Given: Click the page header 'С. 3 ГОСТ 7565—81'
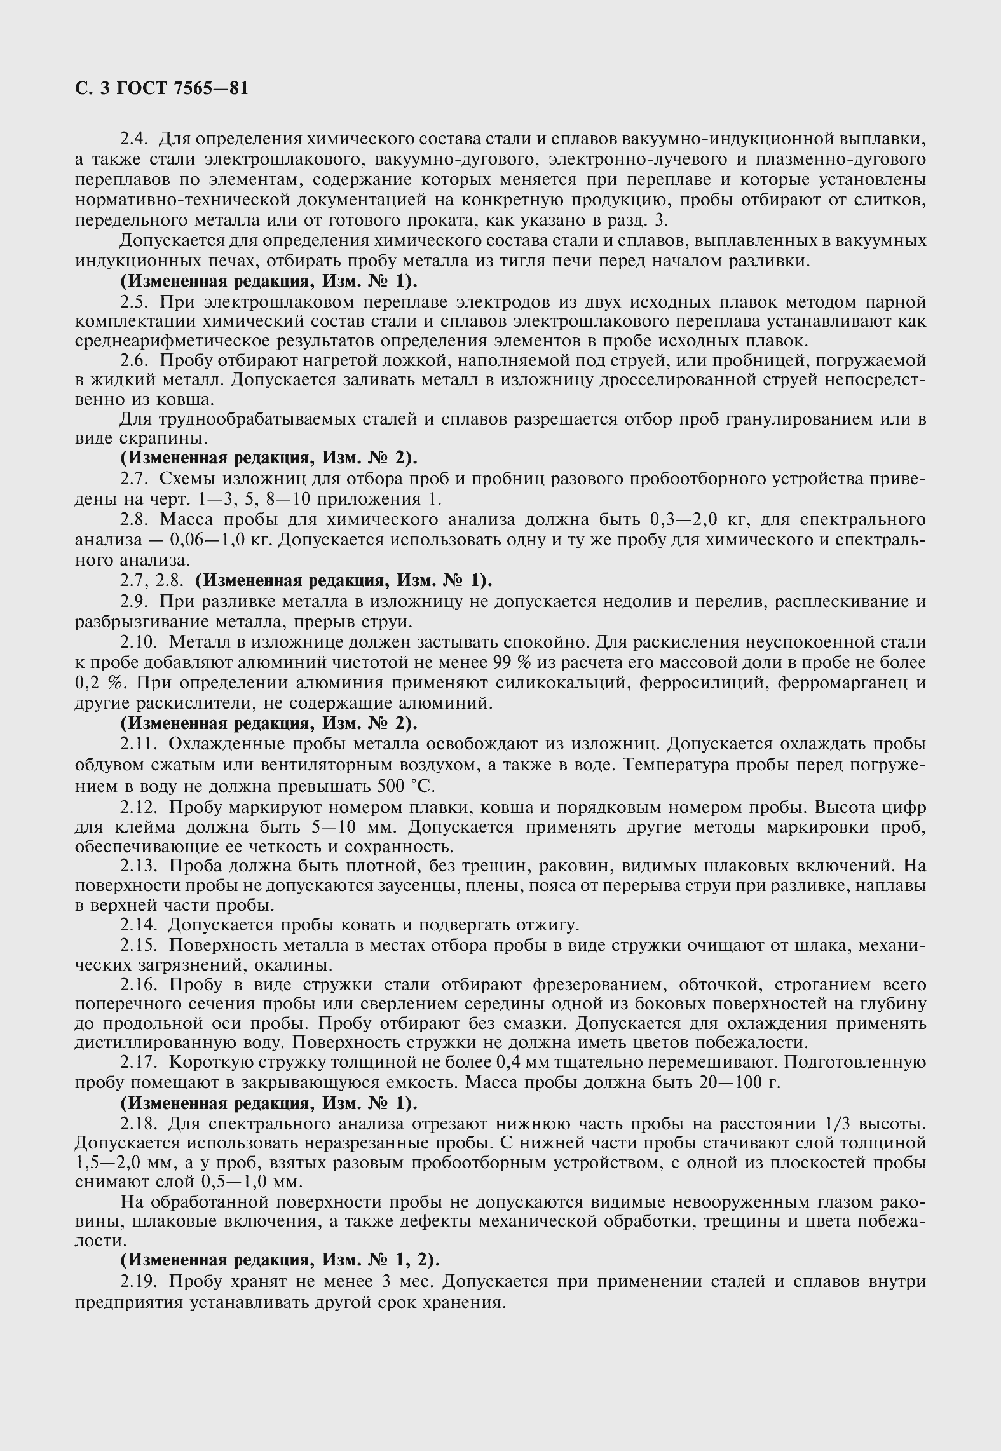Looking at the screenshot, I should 161,88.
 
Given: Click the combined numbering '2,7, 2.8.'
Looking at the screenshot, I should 153,580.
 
